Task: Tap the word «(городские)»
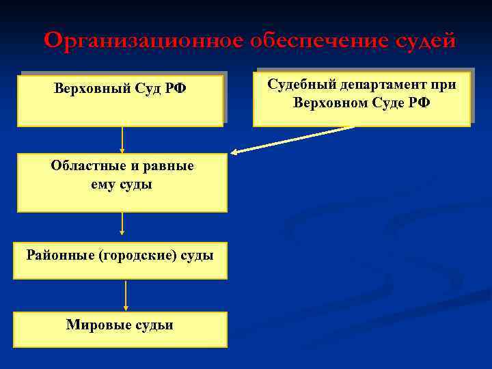pos(139,256)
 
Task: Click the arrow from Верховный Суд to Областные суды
pos(122,139)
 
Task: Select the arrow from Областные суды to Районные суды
pos(122,224)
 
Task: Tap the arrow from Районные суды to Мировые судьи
pos(126,295)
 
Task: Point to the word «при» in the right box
pos(442,85)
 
